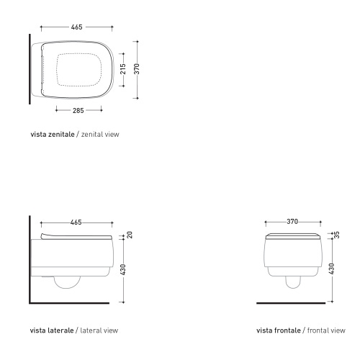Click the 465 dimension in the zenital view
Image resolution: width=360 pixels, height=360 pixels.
(x=76, y=27)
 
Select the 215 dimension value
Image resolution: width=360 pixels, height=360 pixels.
(x=123, y=69)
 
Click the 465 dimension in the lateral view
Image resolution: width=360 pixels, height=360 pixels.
(x=76, y=222)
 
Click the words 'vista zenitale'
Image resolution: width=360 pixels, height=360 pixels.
(x=52, y=135)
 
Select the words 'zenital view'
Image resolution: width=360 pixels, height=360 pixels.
(x=97, y=135)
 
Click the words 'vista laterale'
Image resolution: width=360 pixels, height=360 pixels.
(x=51, y=331)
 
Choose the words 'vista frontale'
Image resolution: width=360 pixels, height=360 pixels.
(x=279, y=331)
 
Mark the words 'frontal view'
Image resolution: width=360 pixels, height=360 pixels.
(x=328, y=331)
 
